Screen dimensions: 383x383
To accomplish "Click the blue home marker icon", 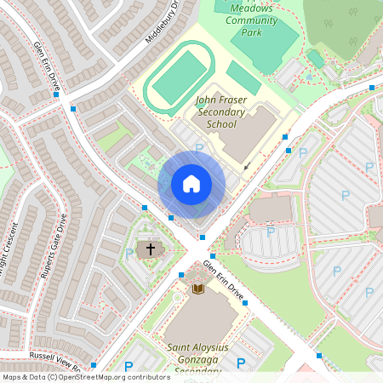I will pyautogui.click(x=191, y=184).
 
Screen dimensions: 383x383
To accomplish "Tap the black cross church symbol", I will pyautogui.click(x=151, y=249).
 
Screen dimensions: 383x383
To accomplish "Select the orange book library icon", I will pyautogui.click(x=198, y=290).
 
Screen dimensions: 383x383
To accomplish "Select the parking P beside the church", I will pyautogui.click(x=129, y=253).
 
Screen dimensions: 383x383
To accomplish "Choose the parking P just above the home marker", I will pyautogui.click(x=200, y=148).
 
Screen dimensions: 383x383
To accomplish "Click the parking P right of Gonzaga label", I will pyautogui.click(x=241, y=363).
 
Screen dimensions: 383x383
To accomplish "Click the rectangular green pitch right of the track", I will pyautogui.click(x=243, y=78).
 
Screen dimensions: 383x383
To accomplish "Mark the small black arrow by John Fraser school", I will pyautogui.click(x=246, y=168).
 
